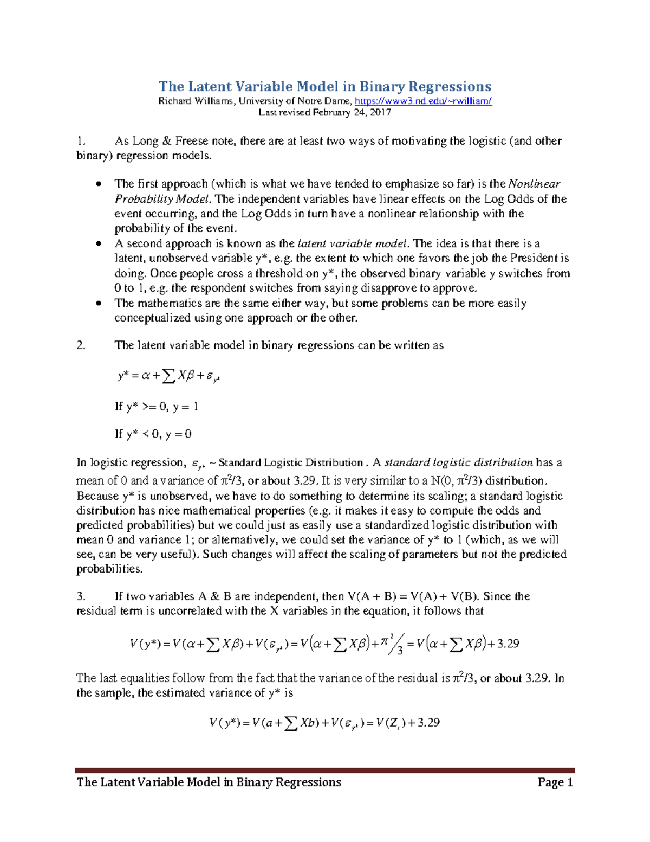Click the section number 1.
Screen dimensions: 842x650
tap(81, 141)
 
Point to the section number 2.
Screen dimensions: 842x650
tap(81, 345)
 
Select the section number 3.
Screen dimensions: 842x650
tap(81, 596)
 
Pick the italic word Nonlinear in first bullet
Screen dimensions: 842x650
tap(534, 184)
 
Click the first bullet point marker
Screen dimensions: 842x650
tap(98, 184)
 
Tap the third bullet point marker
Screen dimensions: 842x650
tap(98, 304)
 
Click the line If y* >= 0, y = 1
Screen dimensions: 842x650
tap(157, 407)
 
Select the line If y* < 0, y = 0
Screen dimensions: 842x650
tap(153, 434)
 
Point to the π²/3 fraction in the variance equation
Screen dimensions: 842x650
tap(392, 644)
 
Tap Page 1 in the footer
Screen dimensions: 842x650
tap(555, 782)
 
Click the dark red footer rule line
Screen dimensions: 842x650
tap(324, 770)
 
